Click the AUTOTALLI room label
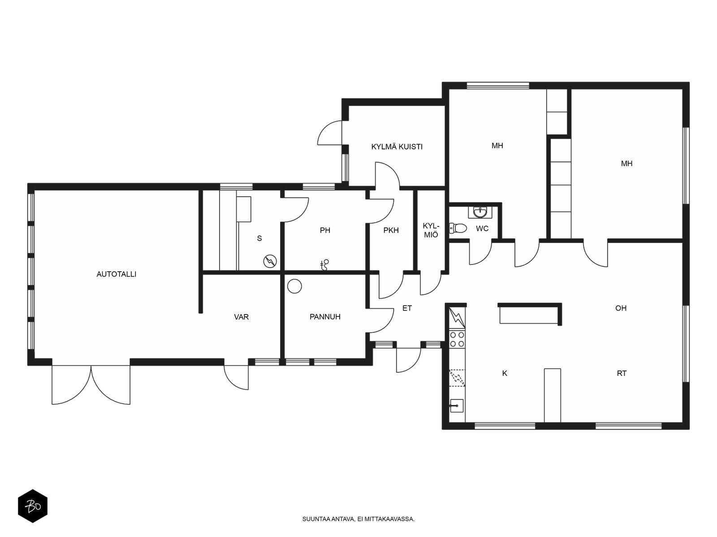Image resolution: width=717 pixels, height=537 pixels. click(116, 274)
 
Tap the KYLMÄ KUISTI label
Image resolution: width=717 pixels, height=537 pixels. click(397, 147)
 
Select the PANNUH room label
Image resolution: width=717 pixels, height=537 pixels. click(325, 316)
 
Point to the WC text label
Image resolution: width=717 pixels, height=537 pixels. click(482, 229)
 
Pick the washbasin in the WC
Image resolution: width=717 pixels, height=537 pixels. click(480, 212)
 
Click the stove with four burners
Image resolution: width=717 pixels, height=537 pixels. click(458, 339)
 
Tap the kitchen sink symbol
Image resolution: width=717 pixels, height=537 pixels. click(457, 405)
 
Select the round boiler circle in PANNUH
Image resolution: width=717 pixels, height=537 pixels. click(294, 286)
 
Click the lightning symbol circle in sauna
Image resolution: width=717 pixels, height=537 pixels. click(270, 261)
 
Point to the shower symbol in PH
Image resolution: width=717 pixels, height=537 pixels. click(324, 265)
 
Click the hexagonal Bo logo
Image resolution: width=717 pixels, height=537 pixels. click(33, 506)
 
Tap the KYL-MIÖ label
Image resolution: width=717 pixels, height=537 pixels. click(431, 230)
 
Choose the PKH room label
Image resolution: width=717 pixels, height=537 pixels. click(391, 230)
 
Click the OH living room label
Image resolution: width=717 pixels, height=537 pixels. click(621, 308)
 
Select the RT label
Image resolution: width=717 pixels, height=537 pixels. click(622, 373)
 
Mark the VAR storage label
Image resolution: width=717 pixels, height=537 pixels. click(242, 317)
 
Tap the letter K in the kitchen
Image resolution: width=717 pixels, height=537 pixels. click(505, 373)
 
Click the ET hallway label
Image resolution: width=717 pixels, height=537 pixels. click(407, 308)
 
